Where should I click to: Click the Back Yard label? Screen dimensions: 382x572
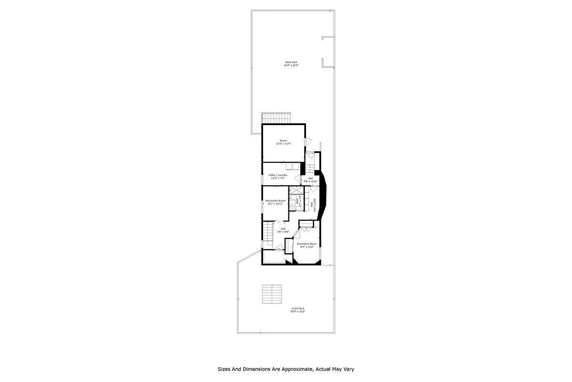pyautogui.click(x=291, y=62)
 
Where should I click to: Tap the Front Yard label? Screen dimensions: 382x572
pyautogui.click(x=297, y=308)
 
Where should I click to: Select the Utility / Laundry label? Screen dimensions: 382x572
pyautogui.click(x=278, y=175)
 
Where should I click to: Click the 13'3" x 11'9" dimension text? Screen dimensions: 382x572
pyautogui.click(x=284, y=144)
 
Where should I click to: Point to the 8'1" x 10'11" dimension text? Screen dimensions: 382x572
pyautogui.click(x=276, y=204)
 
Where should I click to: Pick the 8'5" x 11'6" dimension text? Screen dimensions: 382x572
pyautogui.click(x=306, y=247)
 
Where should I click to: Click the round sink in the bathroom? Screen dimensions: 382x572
pyautogui.click(x=293, y=207)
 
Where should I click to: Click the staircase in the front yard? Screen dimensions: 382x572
pyautogui.click(x=272, y=294)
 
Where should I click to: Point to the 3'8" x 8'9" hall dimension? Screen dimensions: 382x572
pyautogui.click(x=283, y=232)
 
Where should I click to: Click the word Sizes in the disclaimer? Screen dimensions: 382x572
pyautogui.click(x=225, y=369)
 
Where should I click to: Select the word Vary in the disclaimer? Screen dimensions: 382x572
pyautogui.click(x=347, y=369)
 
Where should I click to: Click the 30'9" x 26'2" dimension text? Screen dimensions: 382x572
pyautogui.click(x=297, y=311)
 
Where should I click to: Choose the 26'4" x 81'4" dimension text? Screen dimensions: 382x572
pyautogui.click(x=291, y=65)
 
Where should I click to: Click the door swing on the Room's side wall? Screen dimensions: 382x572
pyautogui.click(x=308, y=142)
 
